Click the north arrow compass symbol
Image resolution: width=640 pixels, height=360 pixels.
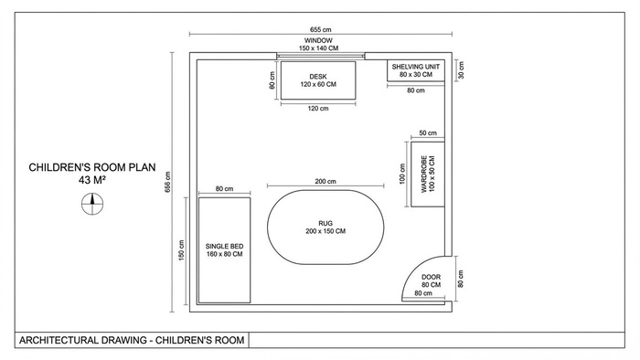coord(92,204)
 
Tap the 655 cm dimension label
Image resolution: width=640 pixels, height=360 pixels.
coord(320,30)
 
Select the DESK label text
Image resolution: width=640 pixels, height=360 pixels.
coord(318,77)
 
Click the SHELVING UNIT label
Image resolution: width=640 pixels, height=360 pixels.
coord(415,67)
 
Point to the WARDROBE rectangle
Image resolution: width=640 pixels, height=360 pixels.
coord(427,175)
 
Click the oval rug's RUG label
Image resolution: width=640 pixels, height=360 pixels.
coord(325,224)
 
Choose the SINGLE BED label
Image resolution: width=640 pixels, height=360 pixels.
coord(224,247)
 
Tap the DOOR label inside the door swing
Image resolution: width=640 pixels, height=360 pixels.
coord(431,277)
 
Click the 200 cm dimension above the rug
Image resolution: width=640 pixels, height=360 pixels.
coord(325,182)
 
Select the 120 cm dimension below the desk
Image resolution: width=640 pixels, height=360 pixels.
coord(318,109)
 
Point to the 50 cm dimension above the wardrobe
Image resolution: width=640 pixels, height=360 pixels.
coord(428,132)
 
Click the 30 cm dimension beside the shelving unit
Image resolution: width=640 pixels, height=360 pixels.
coord(461,70)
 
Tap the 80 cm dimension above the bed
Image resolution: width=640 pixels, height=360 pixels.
coord(224,189)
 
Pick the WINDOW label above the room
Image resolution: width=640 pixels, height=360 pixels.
coord(318,41)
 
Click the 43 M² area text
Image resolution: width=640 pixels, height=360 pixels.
coord(92,180)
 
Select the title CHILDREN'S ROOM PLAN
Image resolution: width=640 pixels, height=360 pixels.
coord(92,167)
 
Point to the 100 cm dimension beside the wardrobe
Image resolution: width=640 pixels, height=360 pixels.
coord(402,175)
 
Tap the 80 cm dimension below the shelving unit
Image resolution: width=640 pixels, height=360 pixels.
coord(415,90)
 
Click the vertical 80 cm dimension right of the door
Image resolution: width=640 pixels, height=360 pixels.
coord(461,279)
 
